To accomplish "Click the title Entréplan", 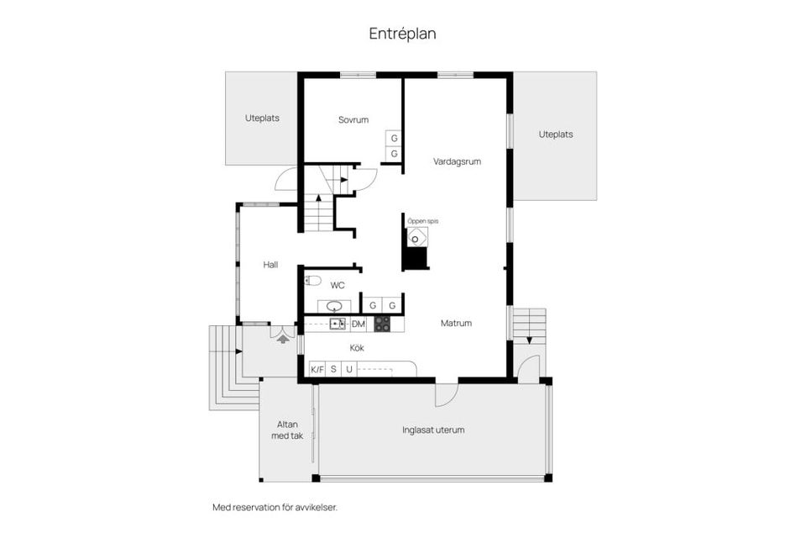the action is (x=402, y=34).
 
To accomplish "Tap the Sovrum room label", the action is (x=353, y=120).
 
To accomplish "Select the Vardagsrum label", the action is (x=457, y=161).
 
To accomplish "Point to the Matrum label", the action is (x=456, y=324).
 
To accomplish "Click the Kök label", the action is (x=357, y=348).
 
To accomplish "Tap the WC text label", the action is (x=338, y=285).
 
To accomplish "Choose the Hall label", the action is (x=270, y=265).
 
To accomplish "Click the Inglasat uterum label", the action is (x=433, y=430).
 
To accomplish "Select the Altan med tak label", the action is (x=287, y=430).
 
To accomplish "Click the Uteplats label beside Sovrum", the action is (x=262, y=118).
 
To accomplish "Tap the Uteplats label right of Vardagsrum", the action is (x=556, y=134).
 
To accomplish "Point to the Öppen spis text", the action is (x=423, y=221).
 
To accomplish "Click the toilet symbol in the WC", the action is (x=312, y=281).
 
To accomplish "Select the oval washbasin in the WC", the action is (x=335, y=306).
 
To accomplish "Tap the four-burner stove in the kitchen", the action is (x=381, y=324).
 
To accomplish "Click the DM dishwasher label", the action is (x=359, y=324).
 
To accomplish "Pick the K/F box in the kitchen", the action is (x=317, y=369).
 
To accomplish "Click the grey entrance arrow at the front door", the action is (x=283, y=339).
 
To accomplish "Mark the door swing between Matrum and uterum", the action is (x=446, y=395).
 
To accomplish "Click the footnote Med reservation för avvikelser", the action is (x=275, y=507).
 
